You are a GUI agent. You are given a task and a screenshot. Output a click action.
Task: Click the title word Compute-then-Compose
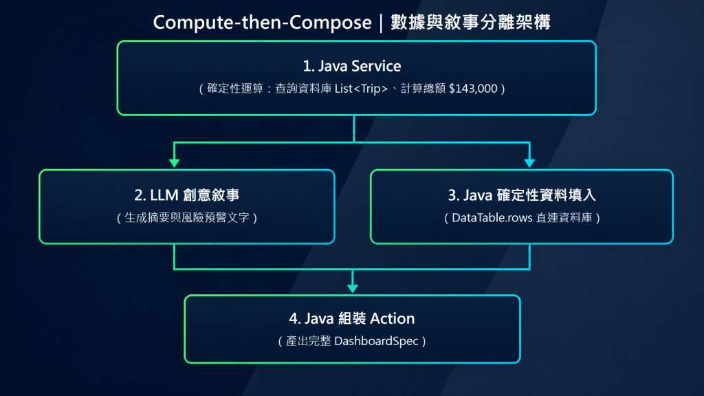pos(262,23)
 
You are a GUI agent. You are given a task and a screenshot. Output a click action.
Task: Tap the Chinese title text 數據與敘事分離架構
pos(470,22)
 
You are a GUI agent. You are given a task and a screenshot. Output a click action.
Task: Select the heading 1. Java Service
pos(352,66)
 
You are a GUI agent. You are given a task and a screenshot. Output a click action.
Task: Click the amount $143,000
pos(473,89)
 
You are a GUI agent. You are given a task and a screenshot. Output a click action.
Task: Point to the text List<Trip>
pos(361,89)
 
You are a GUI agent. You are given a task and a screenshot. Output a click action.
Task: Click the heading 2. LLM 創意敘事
pos(187,195)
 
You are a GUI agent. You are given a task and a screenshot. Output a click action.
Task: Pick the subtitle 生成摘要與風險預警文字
pos(187,218)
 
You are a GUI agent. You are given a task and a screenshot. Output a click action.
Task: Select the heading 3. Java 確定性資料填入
pos(522,195)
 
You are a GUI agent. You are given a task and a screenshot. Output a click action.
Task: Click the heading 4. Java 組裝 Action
pos(352,318)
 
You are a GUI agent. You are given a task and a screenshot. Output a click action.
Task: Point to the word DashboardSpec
pos(376,341)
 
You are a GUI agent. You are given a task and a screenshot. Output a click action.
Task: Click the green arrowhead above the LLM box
pos(174,163)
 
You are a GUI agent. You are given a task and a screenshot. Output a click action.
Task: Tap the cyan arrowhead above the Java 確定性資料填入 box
pos(530,163)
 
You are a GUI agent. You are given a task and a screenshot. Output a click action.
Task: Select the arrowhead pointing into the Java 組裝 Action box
pos(353,288)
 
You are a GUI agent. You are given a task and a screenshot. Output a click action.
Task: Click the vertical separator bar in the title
pos(381,23)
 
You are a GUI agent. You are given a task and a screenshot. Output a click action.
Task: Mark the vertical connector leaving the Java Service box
pos(354,129)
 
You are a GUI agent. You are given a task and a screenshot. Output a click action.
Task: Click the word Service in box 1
pos(376,66)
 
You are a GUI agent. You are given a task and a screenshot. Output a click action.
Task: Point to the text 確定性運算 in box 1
pos(235,89)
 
